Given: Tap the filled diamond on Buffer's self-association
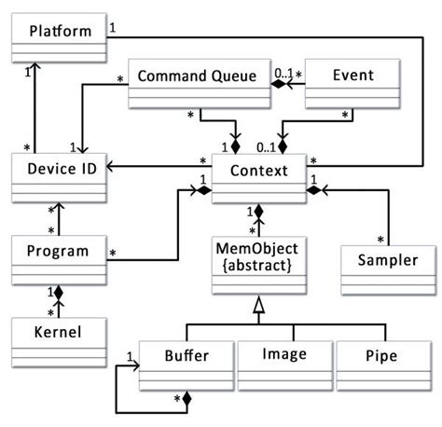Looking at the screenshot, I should [x=186, y=399].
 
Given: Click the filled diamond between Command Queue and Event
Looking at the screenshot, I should [x=276, y=81].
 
